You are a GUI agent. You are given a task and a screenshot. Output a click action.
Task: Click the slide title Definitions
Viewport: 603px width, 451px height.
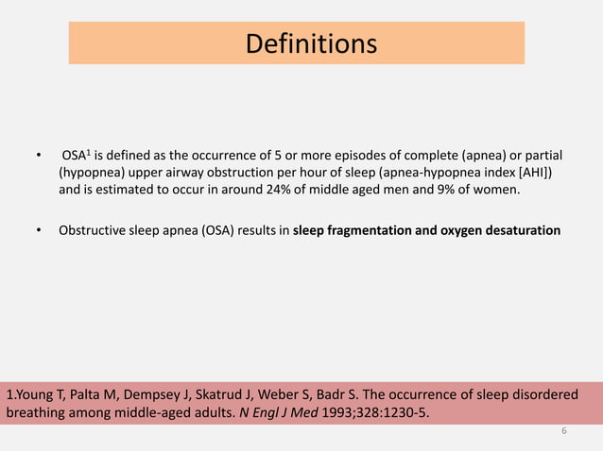(x=310, y=43)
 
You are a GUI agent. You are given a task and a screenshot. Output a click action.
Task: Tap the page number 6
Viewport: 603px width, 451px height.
(x=563, y=431)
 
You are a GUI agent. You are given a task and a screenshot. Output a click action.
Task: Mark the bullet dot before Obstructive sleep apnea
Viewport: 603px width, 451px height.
(x=39, y=229)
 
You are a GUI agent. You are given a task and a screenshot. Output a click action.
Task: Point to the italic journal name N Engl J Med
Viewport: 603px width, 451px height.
(x=288, y=412)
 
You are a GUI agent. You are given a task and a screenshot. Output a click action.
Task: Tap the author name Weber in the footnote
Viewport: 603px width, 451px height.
(x=317, y=394)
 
